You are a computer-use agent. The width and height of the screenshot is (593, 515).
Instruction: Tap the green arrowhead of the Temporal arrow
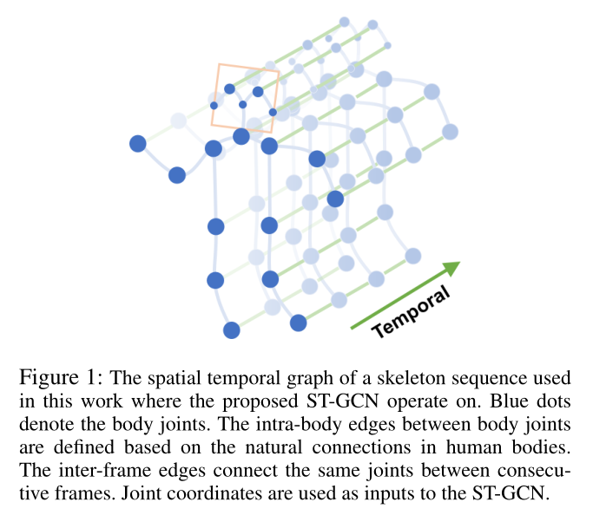click(x=451, y=268)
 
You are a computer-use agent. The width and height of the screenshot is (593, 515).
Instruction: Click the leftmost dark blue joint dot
click(x=137, y=144)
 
